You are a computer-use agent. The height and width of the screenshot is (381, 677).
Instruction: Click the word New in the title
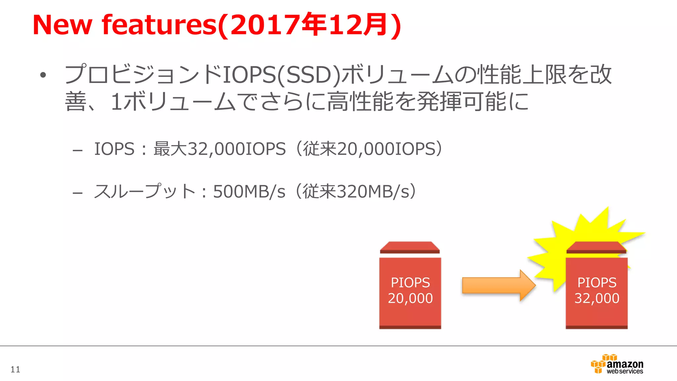tap(62, 25)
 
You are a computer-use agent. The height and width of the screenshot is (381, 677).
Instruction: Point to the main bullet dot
tap(43, 75)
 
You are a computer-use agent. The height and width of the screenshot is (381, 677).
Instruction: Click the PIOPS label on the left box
tap(410, 283)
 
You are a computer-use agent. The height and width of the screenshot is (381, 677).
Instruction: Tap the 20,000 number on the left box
tap(410, 298)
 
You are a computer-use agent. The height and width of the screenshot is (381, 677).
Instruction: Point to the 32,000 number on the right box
tap(597, 298)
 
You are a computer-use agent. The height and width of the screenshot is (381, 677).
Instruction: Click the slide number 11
tap(15, 369)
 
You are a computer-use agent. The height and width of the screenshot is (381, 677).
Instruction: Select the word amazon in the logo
tap(625, 364)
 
